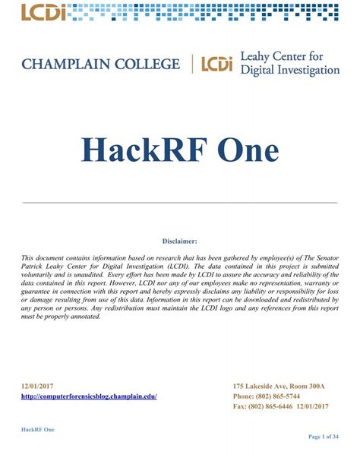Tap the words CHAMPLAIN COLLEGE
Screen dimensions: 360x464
101,64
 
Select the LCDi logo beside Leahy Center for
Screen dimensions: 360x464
216,65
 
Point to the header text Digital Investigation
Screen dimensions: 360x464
289,71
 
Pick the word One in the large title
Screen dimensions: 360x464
251,151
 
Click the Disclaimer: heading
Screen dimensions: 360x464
180,241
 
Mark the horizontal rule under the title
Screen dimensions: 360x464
180,203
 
